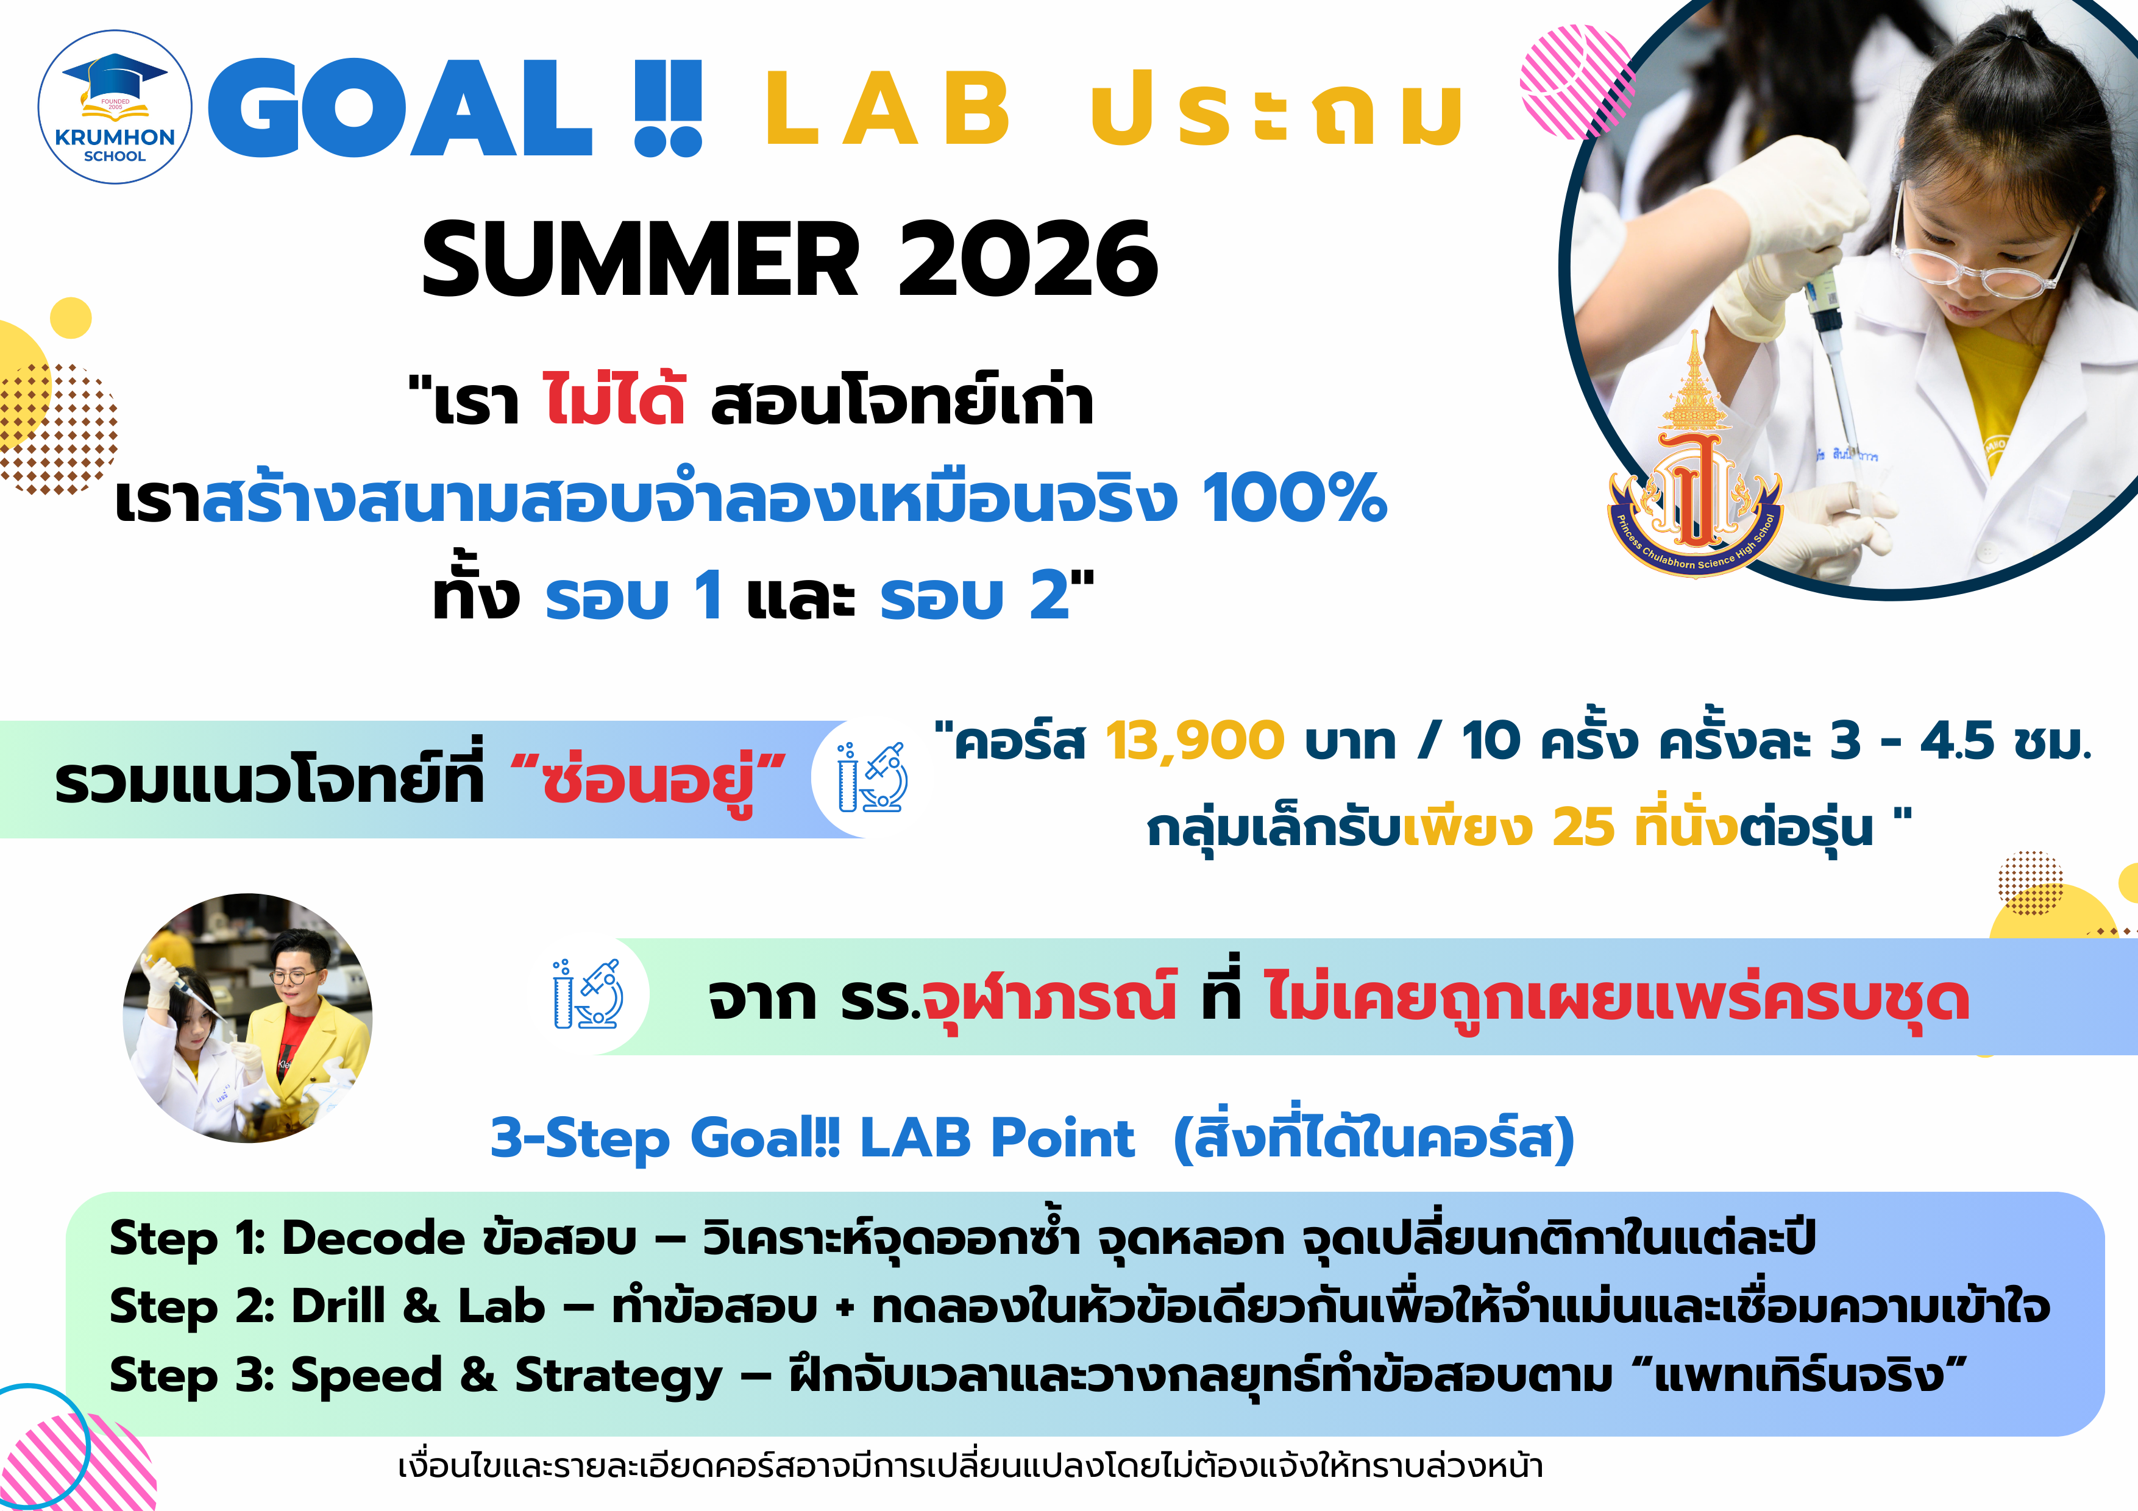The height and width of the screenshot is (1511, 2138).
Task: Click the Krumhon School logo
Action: pos(115,107)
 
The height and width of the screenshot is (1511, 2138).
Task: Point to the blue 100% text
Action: pos(1295,498)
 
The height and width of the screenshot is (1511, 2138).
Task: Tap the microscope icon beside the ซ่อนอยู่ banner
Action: pos(873,778)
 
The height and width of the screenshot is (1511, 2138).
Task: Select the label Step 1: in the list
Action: pos(187,1239)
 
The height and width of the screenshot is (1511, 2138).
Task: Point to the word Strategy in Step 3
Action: pos(619,1376)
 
